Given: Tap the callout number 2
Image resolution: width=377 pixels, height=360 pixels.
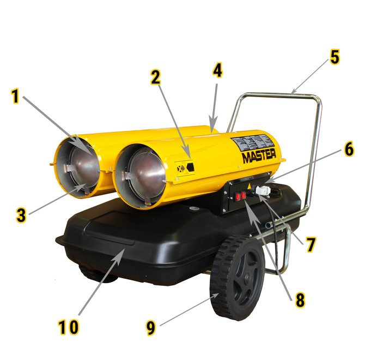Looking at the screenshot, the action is (156, 77).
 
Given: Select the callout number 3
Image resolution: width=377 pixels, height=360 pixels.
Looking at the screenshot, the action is (21, 215).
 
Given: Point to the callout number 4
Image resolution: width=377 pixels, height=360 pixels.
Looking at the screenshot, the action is (217, 70).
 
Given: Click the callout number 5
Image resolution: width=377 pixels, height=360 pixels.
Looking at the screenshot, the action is (335, 57).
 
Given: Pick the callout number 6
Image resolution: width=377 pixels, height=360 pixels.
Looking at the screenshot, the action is (349, 149).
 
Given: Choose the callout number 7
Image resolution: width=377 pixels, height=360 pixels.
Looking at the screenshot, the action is (311, 245).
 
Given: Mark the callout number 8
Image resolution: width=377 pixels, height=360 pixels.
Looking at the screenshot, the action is (300, 300).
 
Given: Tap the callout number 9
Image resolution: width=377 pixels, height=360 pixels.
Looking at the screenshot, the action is (151, 328).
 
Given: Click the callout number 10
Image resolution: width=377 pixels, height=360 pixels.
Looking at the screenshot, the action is (69, 327).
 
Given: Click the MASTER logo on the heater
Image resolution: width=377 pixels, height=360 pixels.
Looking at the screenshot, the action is (259, 155).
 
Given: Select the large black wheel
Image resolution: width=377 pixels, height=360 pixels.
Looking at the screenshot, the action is (238, 277).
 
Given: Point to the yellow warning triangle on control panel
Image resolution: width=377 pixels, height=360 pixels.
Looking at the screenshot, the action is (249, 186).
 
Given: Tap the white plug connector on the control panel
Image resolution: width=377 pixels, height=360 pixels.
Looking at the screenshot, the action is (263, 191).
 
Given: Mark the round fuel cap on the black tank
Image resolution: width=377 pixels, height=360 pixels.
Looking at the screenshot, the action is (193, 208).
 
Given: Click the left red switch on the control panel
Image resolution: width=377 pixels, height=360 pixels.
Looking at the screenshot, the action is (238, 197).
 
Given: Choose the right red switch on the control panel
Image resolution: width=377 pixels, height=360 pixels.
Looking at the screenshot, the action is (244, 195).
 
